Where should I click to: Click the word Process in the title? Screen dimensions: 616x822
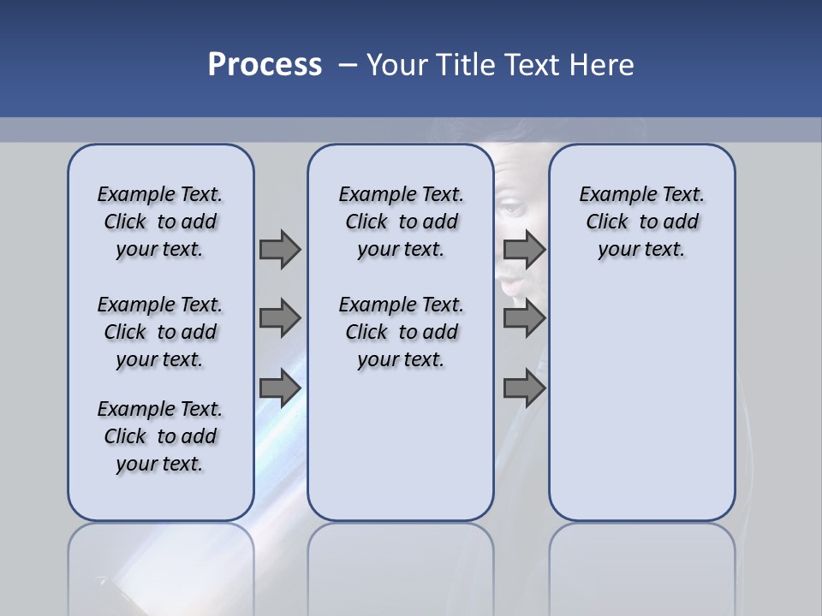click(x=265, y=65)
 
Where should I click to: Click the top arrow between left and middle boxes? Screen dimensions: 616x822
click(x=280, y=249)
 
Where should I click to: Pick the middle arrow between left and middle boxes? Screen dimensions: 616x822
click(x=280, y=318)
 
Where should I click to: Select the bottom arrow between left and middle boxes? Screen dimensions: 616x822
click(x=280, y=388)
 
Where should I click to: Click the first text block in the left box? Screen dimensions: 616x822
click(x=160, y=222)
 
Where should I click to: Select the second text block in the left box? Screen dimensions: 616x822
click(x=160, y=332)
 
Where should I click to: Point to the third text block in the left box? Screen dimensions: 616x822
click(x=160, y=436)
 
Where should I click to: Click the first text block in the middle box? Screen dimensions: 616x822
click(x=401, y=222)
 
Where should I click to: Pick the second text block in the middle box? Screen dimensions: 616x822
click(x=401, y=332)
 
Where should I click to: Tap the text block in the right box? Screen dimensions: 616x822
click(x=641, y=222)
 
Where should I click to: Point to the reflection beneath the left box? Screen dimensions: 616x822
click(x=160, y=565)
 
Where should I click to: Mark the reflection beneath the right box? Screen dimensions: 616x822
click(x=641, y=565)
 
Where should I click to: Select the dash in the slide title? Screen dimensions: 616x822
click(x=348, y=65)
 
